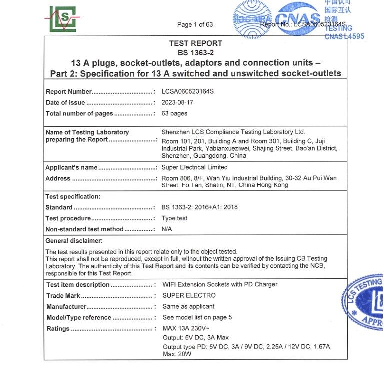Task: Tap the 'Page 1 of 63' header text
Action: click(195, 24)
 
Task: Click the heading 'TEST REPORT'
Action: click(195, 43)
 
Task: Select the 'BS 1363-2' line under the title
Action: click(195, 53)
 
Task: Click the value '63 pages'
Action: click(174, 113)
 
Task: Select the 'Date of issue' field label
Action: click(65, 103)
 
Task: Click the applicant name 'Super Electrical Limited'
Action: click(194, 167)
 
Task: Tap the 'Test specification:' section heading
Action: click(73, 197)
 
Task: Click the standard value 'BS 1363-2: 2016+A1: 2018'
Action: click(200, 207)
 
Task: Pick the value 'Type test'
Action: click(174, 218)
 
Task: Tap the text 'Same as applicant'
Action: click(188, 306)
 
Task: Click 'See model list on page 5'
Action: click(197, 317)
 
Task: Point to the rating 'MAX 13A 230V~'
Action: click(186, 329)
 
